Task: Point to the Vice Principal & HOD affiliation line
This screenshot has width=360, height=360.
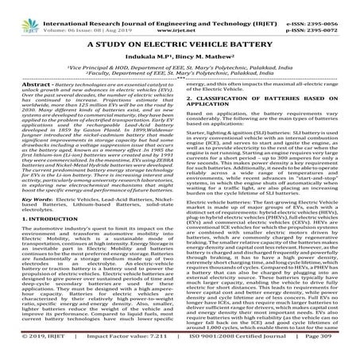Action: point(180,70)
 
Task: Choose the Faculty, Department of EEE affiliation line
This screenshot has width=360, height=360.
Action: point(180,77)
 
